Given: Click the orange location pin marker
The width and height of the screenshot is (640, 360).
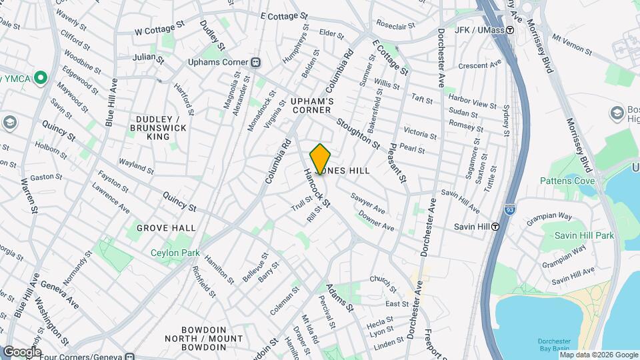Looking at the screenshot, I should click(320, 159).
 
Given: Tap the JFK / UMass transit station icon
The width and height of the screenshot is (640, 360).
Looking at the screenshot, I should click(510, 30).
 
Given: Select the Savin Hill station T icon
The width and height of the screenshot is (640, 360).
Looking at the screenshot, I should click(496, 226).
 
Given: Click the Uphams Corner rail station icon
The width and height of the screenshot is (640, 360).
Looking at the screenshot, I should click(255, 63).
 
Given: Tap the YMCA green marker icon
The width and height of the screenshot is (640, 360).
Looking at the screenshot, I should click(41, 79).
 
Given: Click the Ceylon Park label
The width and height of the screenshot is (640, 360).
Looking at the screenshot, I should click(175, 253).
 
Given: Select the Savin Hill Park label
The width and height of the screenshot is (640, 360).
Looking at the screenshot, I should click(586, 235).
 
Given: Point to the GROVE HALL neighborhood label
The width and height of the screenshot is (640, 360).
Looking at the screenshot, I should click(166, 228).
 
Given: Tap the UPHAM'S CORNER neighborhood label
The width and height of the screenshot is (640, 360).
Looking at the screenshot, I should click(311, 105).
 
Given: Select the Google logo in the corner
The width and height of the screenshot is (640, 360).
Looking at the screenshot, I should click(21, 352).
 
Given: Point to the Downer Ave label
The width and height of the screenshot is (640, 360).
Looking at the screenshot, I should click(376, 222).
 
